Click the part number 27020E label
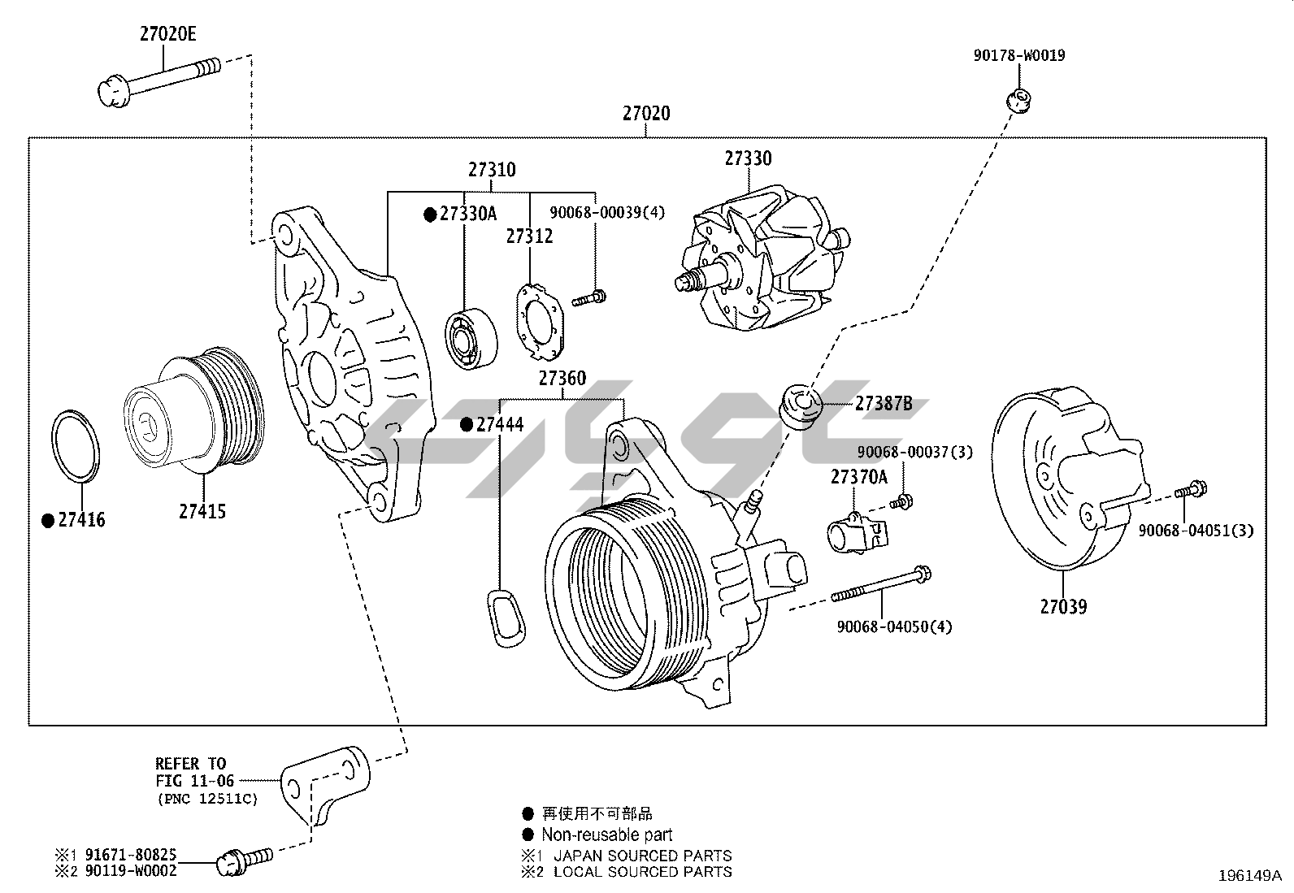tap(168, 34)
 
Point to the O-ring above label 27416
tap(77, 447)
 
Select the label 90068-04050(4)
tap(894, 626)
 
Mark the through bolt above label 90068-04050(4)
tap(882, 586)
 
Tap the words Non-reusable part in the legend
tap(607, 834)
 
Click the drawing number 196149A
tap(1249, 876)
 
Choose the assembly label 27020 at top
tap(647, 114)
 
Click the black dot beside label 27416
tap(48, 520)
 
